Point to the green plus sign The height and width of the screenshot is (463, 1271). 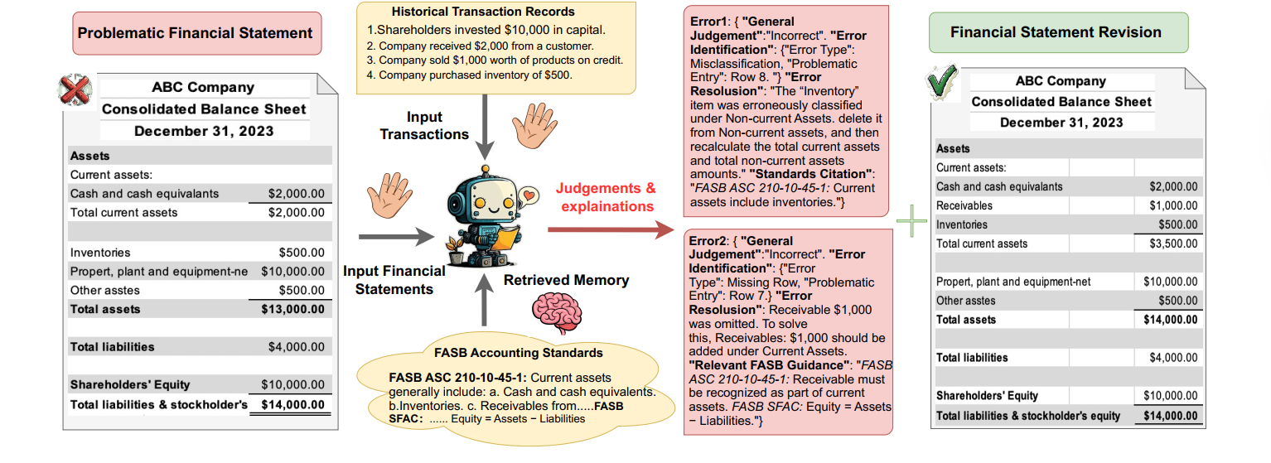911,221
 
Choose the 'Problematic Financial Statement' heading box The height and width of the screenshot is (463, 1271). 196,34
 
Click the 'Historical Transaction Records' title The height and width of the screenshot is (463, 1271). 483,12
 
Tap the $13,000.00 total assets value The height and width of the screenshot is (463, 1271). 292,309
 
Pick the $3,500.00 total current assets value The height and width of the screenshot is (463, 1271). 1170,244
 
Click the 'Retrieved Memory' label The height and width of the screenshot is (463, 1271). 566,280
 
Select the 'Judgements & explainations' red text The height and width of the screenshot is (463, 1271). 607,197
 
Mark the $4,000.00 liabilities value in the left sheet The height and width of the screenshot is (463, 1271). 296,346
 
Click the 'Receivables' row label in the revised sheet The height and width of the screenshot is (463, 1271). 962,205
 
